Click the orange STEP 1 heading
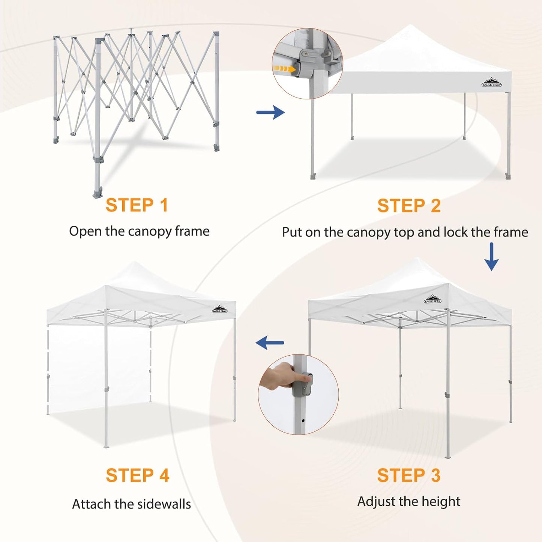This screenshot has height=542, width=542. [137, 205]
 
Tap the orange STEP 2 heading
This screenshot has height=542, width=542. [409, 206]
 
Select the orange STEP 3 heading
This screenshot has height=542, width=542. [408, 475]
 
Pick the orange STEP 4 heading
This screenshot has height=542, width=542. [137, 475]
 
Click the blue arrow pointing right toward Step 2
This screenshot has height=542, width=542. [270, 112]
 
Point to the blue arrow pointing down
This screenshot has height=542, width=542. [491, 257]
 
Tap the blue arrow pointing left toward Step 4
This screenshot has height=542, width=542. [270, 342]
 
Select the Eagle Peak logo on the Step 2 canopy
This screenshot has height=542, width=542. [491, 82]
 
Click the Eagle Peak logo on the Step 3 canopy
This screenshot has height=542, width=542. [432, 299]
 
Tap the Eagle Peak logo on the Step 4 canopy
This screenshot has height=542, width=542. [219, 309]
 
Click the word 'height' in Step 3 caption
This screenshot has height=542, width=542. [442, 501]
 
